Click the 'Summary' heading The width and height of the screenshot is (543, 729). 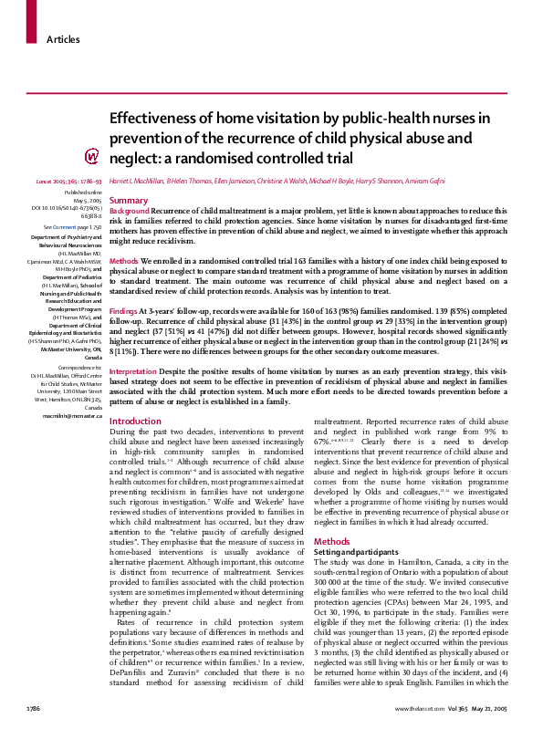click(x=129, y=200)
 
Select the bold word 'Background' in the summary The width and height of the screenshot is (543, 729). click(x=130, y=211)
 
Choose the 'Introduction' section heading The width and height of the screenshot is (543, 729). click(x=134, y=422)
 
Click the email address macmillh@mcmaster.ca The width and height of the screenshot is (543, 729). click(x=73, y=414)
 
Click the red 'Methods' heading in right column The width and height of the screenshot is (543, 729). click(x=331, y=516)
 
